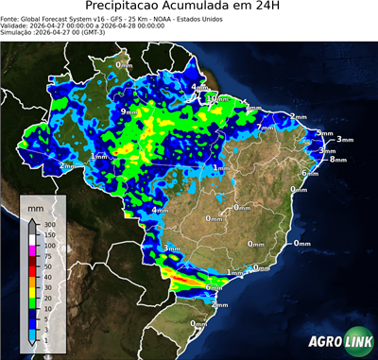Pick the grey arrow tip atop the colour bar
point(32,221)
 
